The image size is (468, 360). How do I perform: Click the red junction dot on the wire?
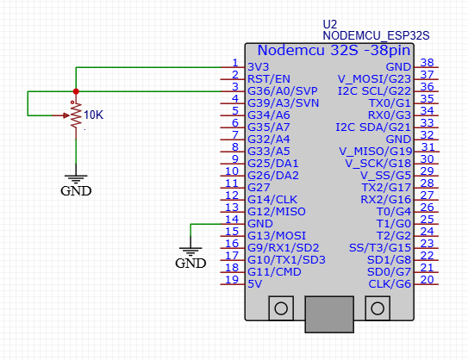[x=76, y=91]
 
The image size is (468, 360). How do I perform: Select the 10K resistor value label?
[x=93, y=115]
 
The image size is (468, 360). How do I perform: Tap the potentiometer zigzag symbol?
[x=76, y=115]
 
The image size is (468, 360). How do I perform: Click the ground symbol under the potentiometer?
[x=76, y=179]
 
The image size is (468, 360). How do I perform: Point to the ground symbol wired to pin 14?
[x=190, y=251]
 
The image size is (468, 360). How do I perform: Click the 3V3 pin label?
[x=259, y=67]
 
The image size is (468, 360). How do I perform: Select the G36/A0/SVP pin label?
[x=283, y=91]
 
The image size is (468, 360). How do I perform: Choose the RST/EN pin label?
[x=269, y=79]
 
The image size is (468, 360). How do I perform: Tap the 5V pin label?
[x=254, y=284]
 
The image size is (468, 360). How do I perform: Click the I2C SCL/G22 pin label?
[x=374, y=91]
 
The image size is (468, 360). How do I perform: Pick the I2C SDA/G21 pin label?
[x=373, y=127]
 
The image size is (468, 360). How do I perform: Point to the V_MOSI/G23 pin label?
[x=374, y=79]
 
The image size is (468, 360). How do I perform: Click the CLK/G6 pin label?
[x=390, y=284]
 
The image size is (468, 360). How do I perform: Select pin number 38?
[x=427, y=63]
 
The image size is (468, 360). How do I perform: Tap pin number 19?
[x=232, y=279]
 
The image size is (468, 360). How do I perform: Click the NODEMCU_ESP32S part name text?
[x=376, y=35]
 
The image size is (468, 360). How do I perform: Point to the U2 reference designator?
[x=330, y=24]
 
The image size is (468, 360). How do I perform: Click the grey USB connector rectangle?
[x=329, y=314]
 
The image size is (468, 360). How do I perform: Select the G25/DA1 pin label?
[x=273, y=163]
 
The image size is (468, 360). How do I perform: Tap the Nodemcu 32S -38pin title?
[x=334, y=50]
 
